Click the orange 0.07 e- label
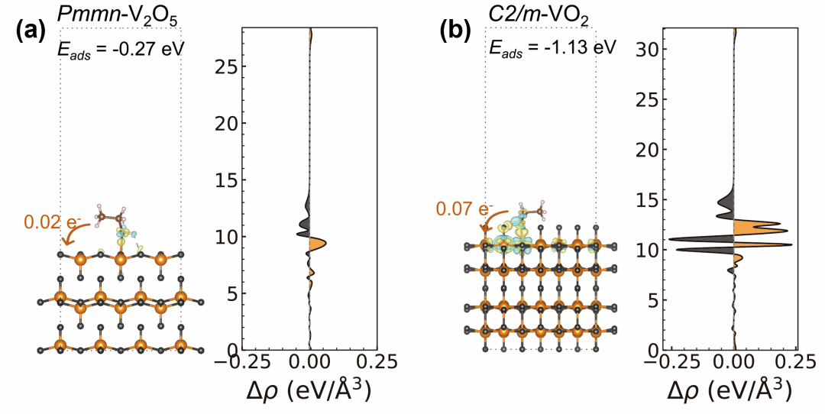pyautogui.click(x=464, y=208)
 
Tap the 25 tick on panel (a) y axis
pyautogui.click(x=225, y=66)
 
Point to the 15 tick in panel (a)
pyautogui.click(x=225, y=180)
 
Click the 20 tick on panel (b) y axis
pyautogui.click(x=649, y=149)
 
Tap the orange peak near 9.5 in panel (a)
pyautogui.click(x=319, y=244)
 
